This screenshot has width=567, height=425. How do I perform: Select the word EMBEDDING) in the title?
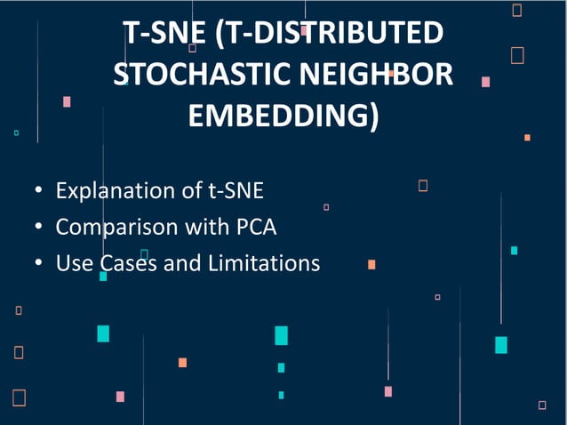point(283,116)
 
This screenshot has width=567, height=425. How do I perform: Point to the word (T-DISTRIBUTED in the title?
point(328,33)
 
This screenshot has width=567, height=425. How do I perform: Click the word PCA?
point(256,228)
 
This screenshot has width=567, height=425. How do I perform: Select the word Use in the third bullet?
point(73,264)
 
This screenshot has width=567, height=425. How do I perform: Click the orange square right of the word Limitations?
point(371,264)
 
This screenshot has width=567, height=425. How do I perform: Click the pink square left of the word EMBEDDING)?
point(67,101)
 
